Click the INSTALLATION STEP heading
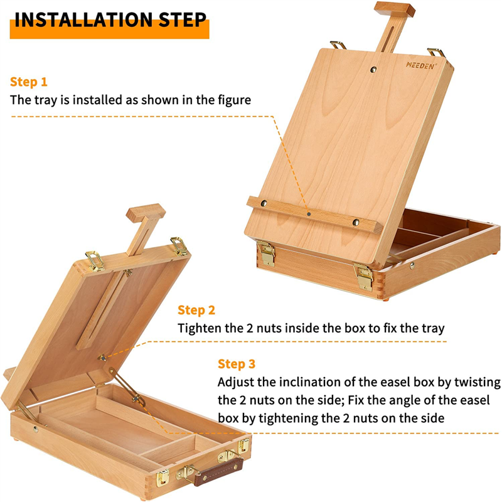pyautogui.click(x=110, y=20)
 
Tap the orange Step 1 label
pyautogui.click(x=29, y=82)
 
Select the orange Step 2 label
pyautogui.click(x=196, y=310)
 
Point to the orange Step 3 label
pyautogui.click(x=237, y=364)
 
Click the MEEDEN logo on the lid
pyautogui.click(x=421, y=66)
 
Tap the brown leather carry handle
pyautogui.click(x=218, y=472)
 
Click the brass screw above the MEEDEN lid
pyautogui.click(x=373, y=69)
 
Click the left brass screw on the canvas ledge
pyautogui.click(x=264, y=203)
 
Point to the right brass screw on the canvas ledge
pyautogui.click(x=356, y=222)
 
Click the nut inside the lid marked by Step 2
pyautogui.click(x=102, y=357)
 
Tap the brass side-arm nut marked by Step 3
pyautogui.click(x=137, y=398)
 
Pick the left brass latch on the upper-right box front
pyautogui.click(x=266, y=254)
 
